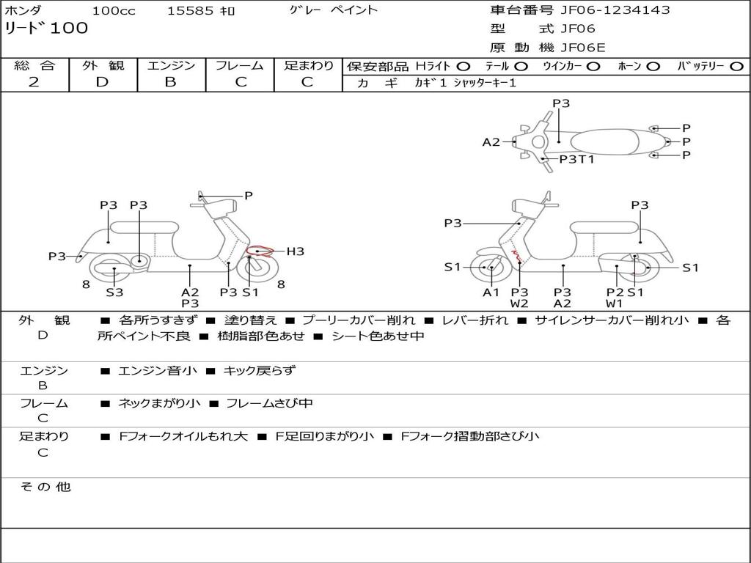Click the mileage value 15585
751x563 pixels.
click(x=190, y=11)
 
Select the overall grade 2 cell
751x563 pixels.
click(x=34, y=82)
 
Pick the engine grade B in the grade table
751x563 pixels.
click(x=170, y=82)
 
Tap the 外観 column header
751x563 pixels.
click(x=103, y=66)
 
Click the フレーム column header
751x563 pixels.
click(x=240, y=66)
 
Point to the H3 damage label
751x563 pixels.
click(x=295, y=251)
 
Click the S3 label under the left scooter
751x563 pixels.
click(x=114, y=292)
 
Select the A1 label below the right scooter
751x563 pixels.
click(x=491, y=292)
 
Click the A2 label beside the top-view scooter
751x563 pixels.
click(x=491, y=142)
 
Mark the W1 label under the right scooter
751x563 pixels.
click(x=614, y=303)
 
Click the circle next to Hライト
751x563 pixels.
click(x=464, y=67)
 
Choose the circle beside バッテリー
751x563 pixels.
click(x=737, y=67)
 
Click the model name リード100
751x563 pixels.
click(x=46, y=29)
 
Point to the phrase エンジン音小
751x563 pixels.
click(x=158, y=371)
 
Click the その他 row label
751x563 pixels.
click(x=45, y=487)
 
